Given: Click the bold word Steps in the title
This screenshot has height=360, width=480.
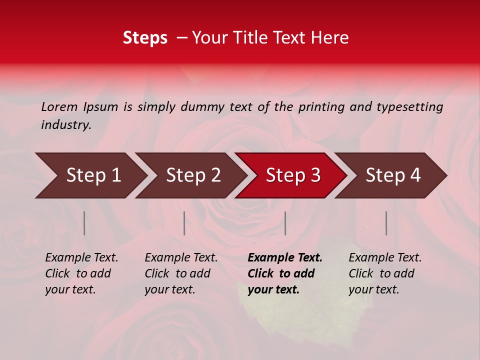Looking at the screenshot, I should (x=145, y=38).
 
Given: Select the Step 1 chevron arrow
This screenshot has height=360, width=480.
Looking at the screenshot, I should (x=90, y=175).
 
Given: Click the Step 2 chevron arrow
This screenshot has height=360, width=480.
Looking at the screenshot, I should (x=190, y=175).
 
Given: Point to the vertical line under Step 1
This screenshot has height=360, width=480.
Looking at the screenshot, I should (x=84, y=223).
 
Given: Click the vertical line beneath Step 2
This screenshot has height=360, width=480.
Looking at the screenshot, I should (x=184, y=223).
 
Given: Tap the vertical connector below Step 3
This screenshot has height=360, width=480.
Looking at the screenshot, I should (x=285, y=223).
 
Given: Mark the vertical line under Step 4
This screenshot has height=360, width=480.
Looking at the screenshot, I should (x=386, y=223).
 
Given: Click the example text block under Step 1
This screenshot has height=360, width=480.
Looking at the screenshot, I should (x=81, y=273).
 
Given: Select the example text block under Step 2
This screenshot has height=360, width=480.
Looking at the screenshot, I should (x=181, y=273).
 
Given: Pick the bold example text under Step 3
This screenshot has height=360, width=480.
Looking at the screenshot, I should (x=285, y=273).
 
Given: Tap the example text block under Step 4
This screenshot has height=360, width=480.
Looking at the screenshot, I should (x=385, y=273).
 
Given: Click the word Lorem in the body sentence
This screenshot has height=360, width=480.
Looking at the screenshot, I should (x=59, y=107).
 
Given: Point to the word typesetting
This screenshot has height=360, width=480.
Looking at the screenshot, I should (x=409, y=107).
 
